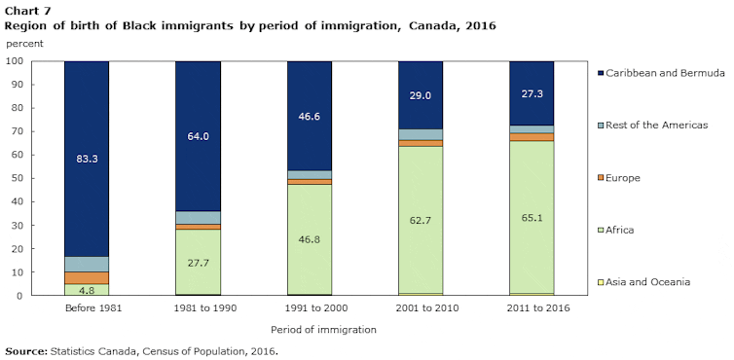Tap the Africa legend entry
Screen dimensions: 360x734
point(623,230)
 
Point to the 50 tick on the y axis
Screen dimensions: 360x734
point(17,178)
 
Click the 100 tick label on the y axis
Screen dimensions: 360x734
point(14,61)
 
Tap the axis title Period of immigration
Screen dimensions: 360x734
point(309,330)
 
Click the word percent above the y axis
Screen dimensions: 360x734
point(25,45)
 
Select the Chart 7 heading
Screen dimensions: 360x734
point(23,10)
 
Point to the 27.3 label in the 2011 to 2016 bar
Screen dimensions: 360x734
point(532,94)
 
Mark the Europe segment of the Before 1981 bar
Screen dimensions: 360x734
point(86,277)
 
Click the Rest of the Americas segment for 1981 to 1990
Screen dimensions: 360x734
point(198,217)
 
